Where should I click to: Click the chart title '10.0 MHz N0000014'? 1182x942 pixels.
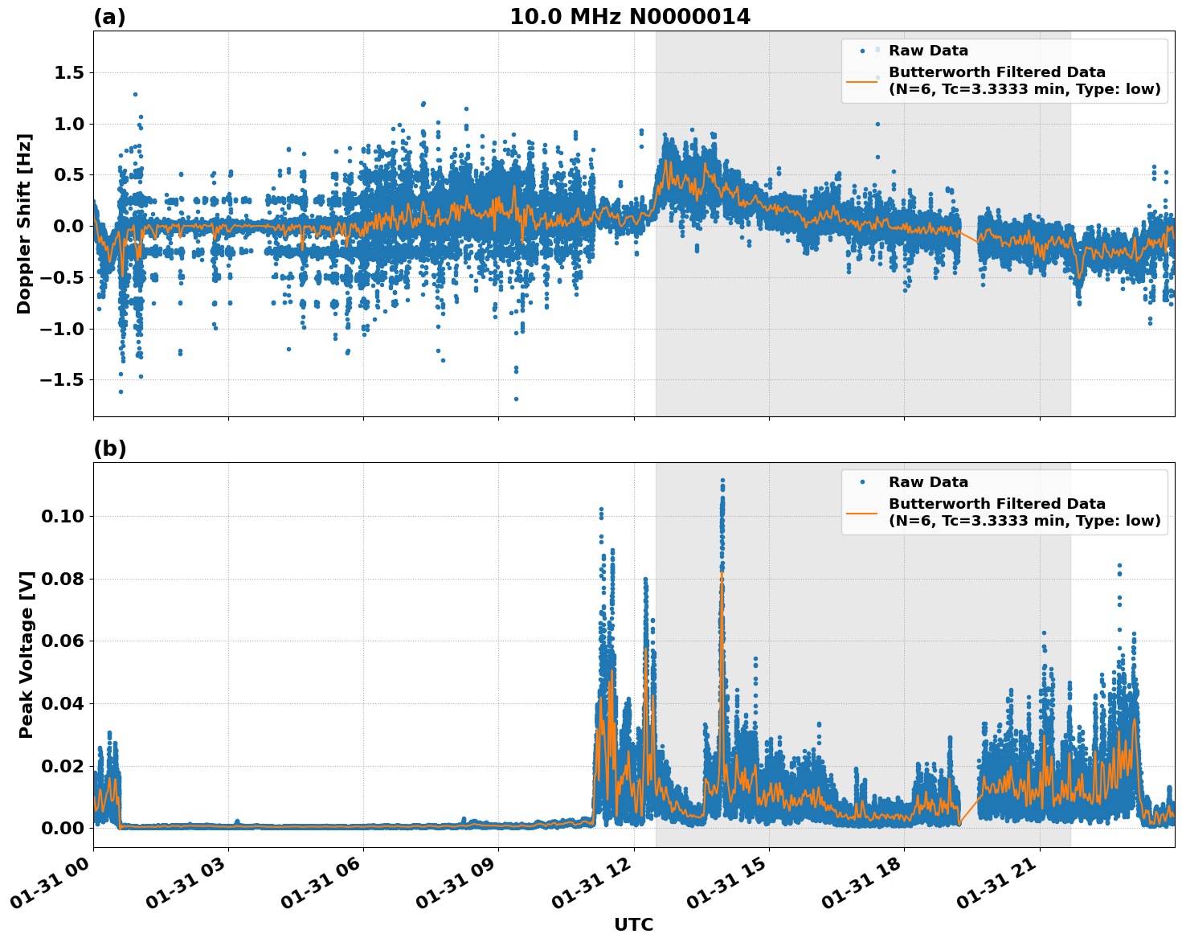click(x=629, y=17)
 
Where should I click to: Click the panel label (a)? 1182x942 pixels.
click(x=109, y=17)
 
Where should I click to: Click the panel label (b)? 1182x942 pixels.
click(x=109, y=448)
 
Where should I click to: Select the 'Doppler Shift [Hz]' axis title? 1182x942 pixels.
click(x=24, y=223)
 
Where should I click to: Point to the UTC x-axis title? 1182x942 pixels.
click(x=633, y=924)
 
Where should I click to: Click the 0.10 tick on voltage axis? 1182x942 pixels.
click(x=63, y=516)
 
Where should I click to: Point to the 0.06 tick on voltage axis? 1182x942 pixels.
click(x=63, y=641)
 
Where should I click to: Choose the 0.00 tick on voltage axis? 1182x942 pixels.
click(x=63, y=828)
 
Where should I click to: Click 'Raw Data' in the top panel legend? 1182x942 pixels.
click(x=928, y=51)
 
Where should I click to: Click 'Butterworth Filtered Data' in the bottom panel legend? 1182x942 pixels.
click(x=996, y=504)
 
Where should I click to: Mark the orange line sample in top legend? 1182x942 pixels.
click(x=861, y=80)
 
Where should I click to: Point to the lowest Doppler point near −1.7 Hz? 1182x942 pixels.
click(x=516, y=399)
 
